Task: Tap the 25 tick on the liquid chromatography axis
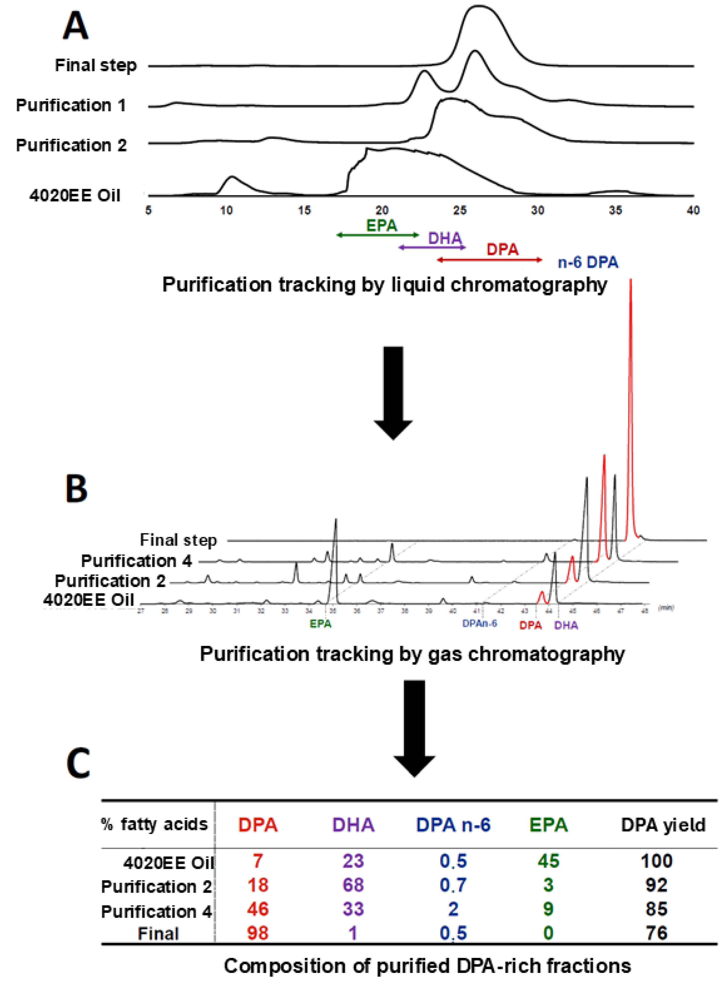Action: click(x=460, y=211)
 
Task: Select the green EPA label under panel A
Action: click(x=382, y=226)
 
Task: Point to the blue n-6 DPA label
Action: click(x=588, y=263)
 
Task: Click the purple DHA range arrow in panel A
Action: click(x=432, y=248)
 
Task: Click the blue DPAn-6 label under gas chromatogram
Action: click(x=480, y=623)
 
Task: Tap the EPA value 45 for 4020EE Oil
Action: click(x=548, y=861)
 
